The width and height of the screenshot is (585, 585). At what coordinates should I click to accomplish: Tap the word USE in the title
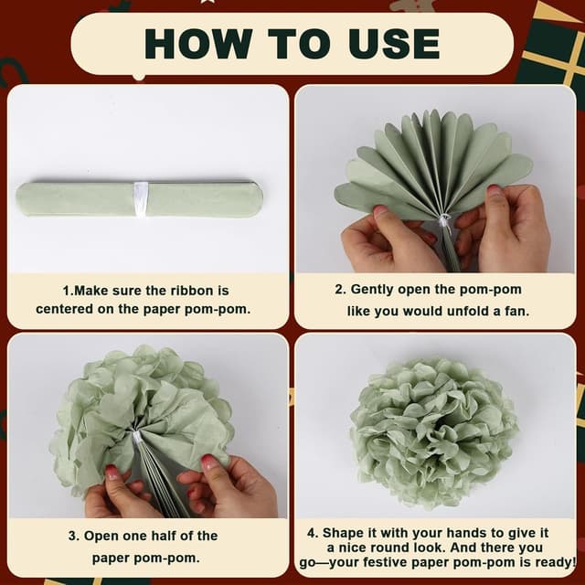[x=394, y=44]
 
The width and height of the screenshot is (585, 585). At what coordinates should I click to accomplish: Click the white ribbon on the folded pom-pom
[x=141, y=199]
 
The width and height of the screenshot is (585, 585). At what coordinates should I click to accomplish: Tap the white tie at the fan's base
[x=444, y=222]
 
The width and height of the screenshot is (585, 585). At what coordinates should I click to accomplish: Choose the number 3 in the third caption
[x=73, y=536]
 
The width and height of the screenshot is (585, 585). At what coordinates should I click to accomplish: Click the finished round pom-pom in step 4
[x=433, y=433]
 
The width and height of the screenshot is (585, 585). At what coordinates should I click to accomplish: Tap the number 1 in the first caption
[x=67, y=291]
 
